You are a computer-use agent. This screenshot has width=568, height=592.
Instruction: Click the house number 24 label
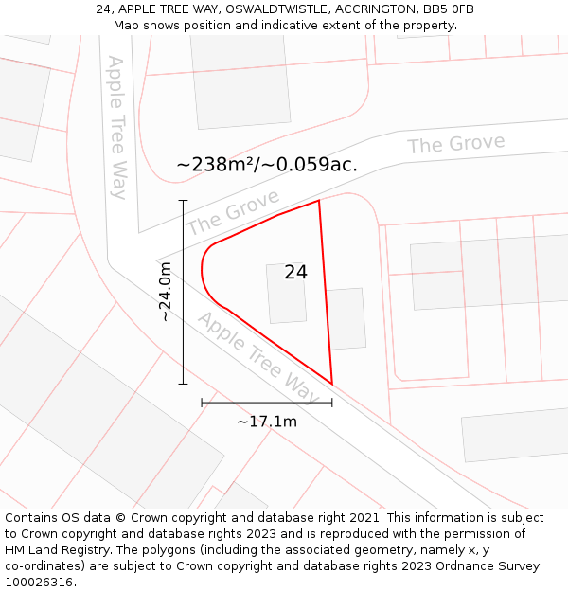coord(295,272)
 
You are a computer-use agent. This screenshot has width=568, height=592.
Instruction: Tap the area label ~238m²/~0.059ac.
coord(267,164)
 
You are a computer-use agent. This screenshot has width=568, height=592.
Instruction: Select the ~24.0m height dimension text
coord(166,292)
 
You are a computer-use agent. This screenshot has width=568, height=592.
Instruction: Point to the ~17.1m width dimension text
coord(267,422)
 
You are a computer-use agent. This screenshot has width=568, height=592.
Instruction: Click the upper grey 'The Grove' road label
coord(456,144)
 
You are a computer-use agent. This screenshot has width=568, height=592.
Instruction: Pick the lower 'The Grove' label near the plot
coord(233,212)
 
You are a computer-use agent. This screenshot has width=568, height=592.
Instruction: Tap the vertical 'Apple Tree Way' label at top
coord(117,127)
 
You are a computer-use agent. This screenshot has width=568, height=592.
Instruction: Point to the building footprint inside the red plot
coord(286,293)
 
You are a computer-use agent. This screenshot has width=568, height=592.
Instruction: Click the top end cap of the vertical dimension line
coord(183,201)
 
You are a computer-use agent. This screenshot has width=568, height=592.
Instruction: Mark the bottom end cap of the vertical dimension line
coord(183,384)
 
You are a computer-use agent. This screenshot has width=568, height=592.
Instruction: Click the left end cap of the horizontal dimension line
coord(202,403)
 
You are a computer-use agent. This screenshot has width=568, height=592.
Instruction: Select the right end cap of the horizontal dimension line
coord(332,403)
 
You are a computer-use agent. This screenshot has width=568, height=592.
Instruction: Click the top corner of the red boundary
coord(319,200)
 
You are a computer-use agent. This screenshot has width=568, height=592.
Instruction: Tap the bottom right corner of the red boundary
coord(332,384)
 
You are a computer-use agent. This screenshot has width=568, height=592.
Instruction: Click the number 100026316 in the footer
coord(39,582)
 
